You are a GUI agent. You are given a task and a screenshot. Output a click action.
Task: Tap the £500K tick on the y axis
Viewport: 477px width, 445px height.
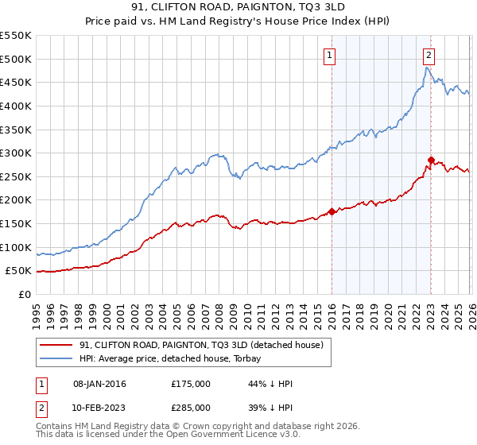16,59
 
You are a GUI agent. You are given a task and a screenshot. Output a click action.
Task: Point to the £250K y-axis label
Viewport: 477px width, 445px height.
16,176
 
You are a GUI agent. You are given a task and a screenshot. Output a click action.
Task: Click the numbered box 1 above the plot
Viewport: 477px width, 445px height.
329,55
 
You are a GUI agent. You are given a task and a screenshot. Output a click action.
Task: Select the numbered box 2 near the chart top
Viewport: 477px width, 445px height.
429,55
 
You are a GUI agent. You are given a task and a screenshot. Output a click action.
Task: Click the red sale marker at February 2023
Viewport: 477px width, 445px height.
431,161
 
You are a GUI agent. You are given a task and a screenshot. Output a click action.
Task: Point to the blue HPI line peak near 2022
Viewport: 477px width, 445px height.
426,68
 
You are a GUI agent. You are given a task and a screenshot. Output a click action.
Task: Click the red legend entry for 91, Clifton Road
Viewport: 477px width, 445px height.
200,346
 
